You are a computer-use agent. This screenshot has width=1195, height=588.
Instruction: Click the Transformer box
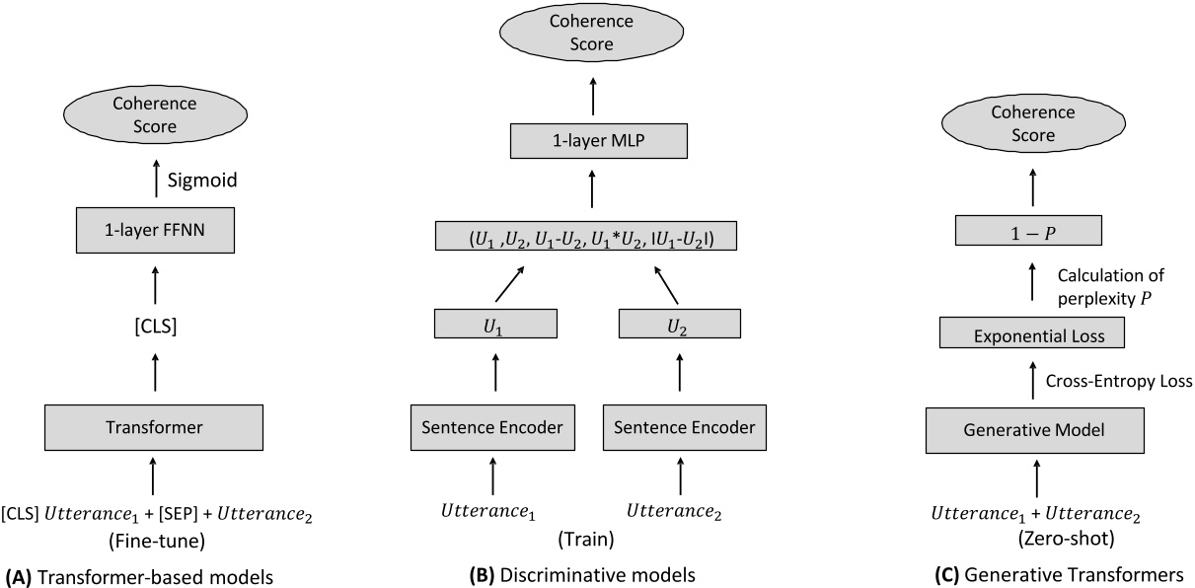[152, 427]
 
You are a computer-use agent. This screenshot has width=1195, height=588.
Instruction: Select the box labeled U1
[495, 324]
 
